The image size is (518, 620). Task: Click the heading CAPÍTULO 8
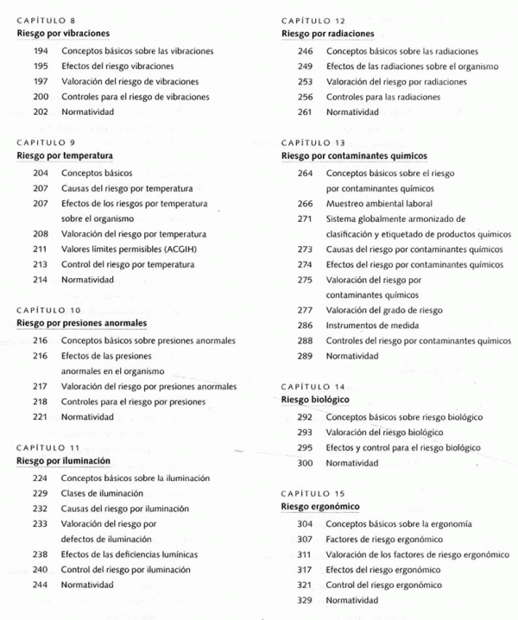(41, 20)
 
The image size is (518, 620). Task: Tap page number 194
(40, 51)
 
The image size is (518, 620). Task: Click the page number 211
(40, 250)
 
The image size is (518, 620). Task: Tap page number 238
(40, 554)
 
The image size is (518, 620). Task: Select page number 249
(305, 66)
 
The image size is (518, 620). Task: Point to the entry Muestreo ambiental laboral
(377, 203)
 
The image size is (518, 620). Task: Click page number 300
(305, 463)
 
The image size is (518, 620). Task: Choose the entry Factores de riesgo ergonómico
(379, 539)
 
